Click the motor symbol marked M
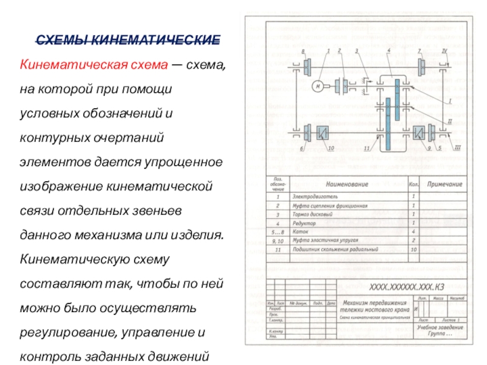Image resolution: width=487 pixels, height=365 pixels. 318,86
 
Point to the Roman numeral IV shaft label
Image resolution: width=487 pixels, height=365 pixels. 444,52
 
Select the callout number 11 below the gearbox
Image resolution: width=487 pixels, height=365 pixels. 366,148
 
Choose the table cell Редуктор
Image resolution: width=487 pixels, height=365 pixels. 305,223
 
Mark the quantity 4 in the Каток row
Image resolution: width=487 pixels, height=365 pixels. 413,232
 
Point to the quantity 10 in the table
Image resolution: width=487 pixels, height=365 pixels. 413,249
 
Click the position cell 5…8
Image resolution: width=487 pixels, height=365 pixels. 278,232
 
